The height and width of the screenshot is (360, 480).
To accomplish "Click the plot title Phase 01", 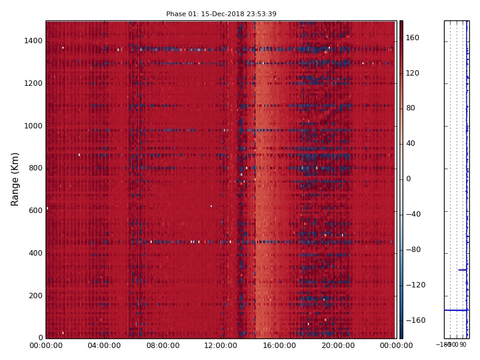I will (x=221, y=14).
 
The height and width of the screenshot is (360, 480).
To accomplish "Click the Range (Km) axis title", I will (x=16, y=179).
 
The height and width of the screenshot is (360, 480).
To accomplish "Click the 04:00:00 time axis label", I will (x=104, y=346).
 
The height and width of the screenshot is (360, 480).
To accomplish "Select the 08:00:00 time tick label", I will (x=163, y=346).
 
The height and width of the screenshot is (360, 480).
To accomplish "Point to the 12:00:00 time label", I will (x=221, y=346).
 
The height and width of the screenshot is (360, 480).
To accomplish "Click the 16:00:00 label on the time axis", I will (x=280, y=346).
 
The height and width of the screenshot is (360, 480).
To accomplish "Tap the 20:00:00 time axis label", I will (x=338, y=346).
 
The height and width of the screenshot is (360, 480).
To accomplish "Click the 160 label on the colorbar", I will (x=413, y=38).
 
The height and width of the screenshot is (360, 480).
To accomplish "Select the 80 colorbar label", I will (x=410, y=108).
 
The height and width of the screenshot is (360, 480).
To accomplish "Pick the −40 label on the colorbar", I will (x=413, y=214).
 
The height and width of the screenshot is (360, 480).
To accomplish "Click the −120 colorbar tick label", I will (x=415, y=285).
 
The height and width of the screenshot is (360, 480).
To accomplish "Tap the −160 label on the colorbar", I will (x=415, y=320).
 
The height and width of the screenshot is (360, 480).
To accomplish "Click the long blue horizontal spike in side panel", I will (x=456, y=310).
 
